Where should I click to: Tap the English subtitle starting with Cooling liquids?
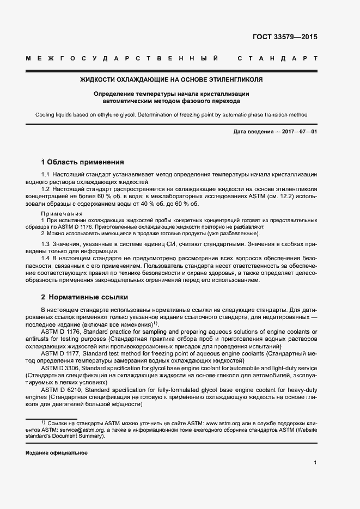171,115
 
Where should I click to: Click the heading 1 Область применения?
82,162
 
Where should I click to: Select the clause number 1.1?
46,174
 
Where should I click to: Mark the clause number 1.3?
46,244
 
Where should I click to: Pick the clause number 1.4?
46,259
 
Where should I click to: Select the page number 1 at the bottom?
315,463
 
